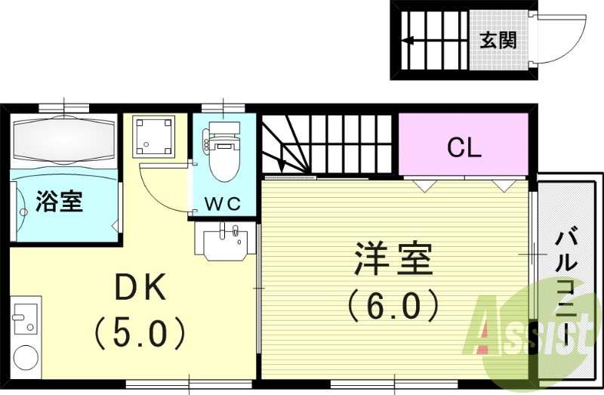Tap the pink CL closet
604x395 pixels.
coord(463,147)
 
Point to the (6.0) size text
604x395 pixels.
coord(393,306)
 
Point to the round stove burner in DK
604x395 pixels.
coord(26,358)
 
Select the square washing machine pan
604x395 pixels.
coord(154,137)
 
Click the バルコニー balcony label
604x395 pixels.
coord(565,291)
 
